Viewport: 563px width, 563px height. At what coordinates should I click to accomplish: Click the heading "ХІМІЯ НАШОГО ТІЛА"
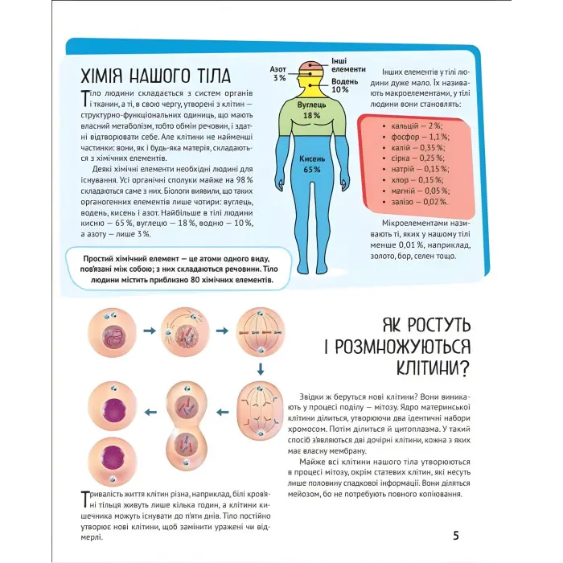click(x=156, y=77)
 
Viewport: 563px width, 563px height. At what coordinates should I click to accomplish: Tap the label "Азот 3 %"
click(x=279, y=74)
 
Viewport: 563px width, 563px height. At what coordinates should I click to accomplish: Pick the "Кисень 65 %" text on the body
click(x=312, y=164)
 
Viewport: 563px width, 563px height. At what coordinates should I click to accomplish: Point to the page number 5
click(x=456, y=536)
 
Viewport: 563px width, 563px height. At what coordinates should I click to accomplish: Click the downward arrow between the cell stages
click(x=260, y=368)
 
